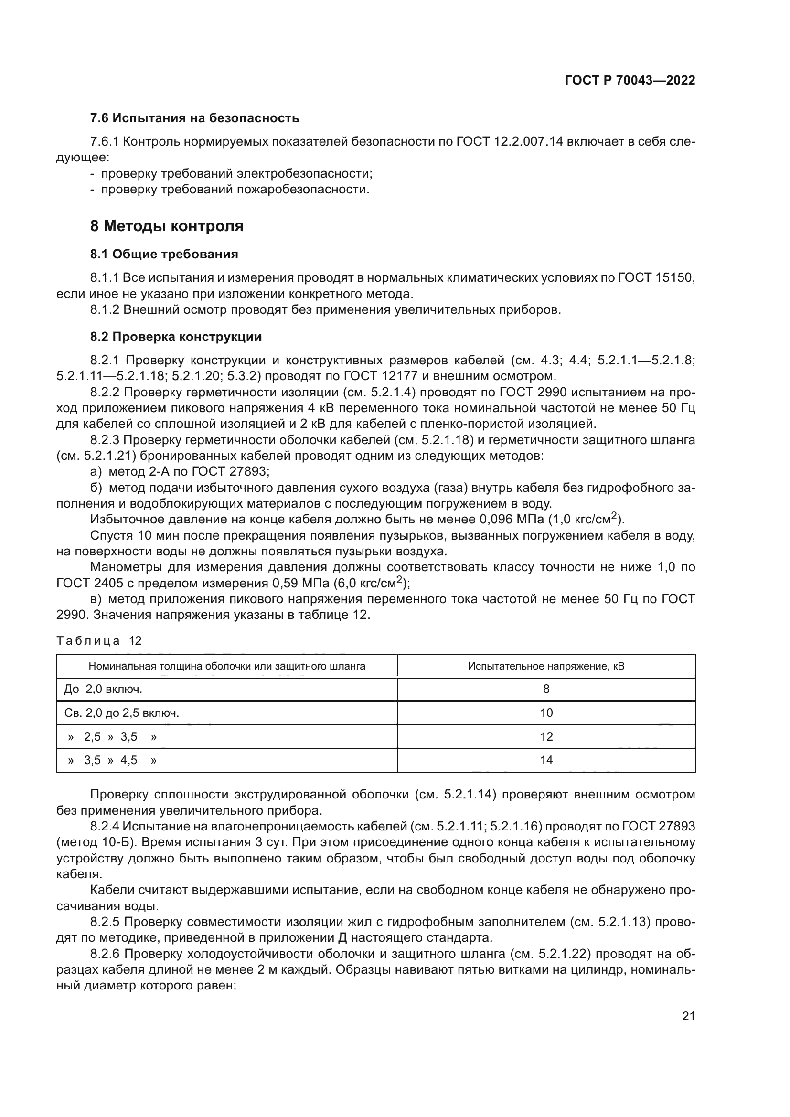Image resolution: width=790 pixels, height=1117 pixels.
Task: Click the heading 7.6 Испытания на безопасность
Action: [x=194, y=118]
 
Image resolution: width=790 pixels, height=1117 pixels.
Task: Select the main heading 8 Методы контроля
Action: [x=167, y=226]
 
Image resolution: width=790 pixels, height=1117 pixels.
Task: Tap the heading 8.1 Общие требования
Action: [x=164, y=254]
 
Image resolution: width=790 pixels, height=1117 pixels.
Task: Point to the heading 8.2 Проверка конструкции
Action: [x=176, y=337]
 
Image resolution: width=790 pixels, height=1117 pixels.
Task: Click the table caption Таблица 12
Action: [x=99, y=641]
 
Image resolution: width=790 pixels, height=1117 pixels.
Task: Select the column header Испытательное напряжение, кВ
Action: [x=546, y=666]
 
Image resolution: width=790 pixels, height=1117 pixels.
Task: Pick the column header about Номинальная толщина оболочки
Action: [x=227, y=666]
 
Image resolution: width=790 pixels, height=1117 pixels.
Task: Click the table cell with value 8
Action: [x=546, y=689]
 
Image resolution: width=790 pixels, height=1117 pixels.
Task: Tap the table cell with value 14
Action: [x=546, y=760]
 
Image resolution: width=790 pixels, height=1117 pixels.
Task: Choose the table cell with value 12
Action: [x=546, y=736]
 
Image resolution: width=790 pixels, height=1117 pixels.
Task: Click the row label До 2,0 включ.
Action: [x=103, y=689]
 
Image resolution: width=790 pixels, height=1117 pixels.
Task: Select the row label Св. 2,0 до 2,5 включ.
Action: [x=122, y=713]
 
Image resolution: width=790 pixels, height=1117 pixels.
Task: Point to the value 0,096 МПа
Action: [x=511, y=520]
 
